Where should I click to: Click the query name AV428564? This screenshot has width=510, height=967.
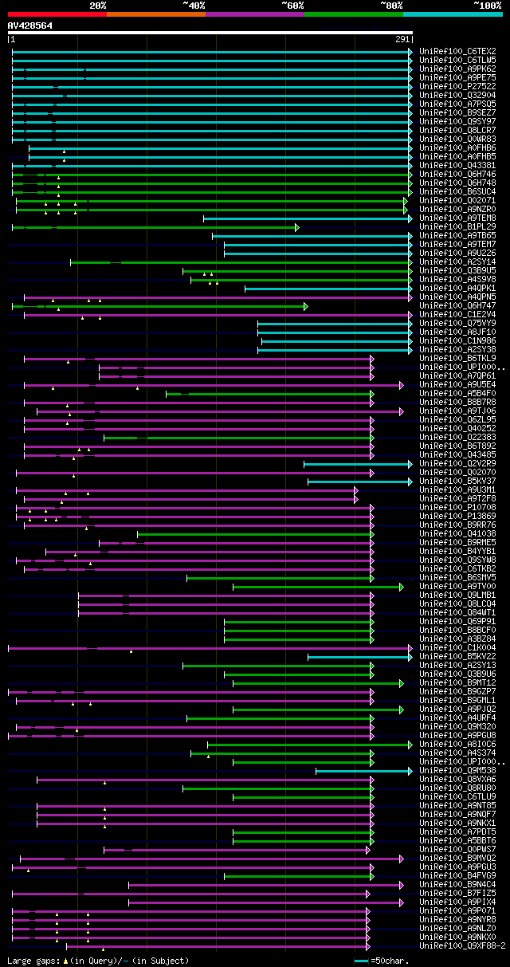coord(30,26)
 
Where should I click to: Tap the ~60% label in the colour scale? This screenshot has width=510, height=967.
coord(292,6)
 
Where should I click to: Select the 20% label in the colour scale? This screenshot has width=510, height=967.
coord(97,6)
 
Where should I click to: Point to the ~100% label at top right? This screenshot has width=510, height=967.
coord(487,6)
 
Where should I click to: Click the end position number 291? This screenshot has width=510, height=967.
coord(402,39)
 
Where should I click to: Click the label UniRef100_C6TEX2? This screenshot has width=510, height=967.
coord(457,51)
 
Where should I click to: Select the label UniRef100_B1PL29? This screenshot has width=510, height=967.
coord(457,227)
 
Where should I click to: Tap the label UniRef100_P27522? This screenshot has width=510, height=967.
coord(457,87)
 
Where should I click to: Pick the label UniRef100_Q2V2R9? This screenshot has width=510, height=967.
coord(457,464)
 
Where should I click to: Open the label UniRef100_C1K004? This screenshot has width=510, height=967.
coord(457,648)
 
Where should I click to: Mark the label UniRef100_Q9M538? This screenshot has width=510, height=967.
coord(457,771)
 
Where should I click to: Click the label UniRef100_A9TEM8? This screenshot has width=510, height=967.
coord(457,218)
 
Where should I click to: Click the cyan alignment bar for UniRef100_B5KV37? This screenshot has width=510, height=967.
coord(359,482)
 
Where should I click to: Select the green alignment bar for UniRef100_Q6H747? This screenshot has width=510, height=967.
coord(159,306)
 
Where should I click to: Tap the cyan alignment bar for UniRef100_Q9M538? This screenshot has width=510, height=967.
coord(363,771)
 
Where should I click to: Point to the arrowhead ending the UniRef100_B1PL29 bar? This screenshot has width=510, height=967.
coord(296,227)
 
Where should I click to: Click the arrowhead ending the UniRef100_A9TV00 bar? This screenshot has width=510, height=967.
coord(402,587)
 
